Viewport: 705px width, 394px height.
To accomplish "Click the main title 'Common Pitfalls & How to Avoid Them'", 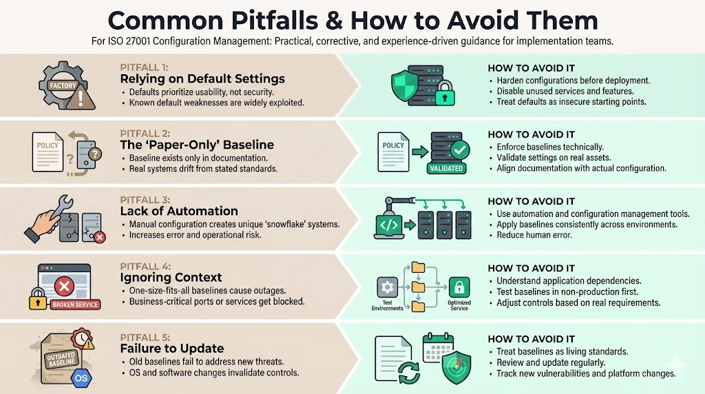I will pos(352,19).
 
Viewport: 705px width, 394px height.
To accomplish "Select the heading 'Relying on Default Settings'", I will pos(202,79).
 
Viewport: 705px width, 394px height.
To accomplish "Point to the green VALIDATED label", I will pos(445,168).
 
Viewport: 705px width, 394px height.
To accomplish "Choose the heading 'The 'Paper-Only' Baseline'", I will pos(197,145).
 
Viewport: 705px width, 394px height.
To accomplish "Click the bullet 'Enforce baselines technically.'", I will pos(550,147).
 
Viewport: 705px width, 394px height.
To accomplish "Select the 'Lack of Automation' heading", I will pos(179,211).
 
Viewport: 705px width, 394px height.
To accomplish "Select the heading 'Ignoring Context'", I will pos(171,277).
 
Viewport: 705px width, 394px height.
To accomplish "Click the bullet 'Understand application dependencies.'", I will pos(569,280).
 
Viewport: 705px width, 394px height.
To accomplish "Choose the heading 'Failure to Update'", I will pos(172,348).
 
